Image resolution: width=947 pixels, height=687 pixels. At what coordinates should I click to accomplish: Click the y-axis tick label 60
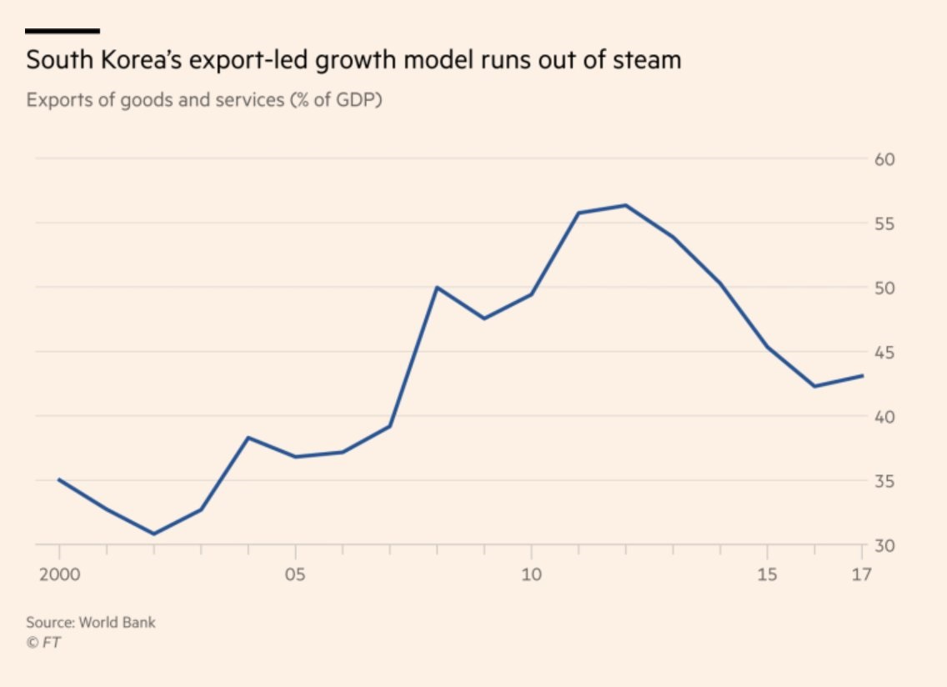coord(884,159)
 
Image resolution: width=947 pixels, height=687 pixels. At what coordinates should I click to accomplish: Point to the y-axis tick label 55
coord(884,223)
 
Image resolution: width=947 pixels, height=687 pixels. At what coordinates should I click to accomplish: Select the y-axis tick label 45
coord(884,353)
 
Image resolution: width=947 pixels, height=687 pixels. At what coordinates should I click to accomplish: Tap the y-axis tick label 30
coord(884,545)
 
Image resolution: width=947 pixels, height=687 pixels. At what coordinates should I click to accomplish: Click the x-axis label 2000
coord(59,575)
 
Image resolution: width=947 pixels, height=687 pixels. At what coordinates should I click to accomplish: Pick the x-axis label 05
coord(295,575)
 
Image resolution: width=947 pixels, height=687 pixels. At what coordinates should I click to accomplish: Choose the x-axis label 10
coord(531,575)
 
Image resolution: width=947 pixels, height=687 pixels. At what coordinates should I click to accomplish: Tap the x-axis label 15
coord(767,575)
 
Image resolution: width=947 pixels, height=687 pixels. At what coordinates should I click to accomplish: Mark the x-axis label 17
coord(861,575)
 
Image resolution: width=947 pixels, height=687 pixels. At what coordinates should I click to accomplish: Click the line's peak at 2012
coord(625,205)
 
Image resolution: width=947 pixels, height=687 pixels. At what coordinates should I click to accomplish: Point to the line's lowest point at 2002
coord(154,534)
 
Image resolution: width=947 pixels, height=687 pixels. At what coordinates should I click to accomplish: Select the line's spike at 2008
coord(437,288)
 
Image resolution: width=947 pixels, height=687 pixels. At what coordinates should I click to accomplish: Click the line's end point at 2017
coord(862,375)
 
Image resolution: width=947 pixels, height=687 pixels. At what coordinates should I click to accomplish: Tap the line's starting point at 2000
coord(59,479)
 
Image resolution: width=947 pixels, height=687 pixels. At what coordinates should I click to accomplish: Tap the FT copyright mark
coord(43,642)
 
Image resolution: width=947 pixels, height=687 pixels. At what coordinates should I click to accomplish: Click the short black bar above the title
coord(63,31)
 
